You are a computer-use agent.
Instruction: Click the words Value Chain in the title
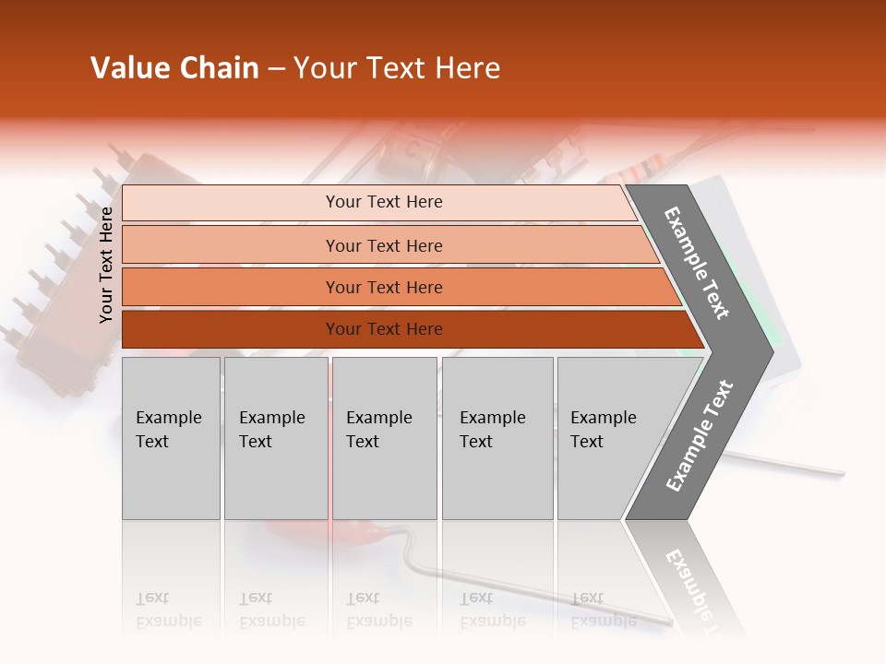pos(174,68)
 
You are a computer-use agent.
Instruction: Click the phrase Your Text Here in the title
pos(397,68)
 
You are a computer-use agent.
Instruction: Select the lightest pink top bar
pos(231,202)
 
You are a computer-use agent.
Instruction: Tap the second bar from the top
pos(231,245)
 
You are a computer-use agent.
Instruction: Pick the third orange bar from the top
pos(231,287)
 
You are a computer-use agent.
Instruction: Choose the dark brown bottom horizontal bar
pos(231,329)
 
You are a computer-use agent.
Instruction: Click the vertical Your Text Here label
pos(106,265)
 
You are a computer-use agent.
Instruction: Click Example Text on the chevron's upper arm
pos(697,263)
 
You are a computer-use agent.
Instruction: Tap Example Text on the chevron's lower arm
pos(700,436)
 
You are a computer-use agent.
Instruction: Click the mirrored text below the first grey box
pos(168,610)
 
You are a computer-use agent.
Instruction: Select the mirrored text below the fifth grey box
pos(603,610)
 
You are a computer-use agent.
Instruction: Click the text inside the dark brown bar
pos(384,329)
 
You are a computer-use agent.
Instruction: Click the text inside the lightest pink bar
pos(384,202)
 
